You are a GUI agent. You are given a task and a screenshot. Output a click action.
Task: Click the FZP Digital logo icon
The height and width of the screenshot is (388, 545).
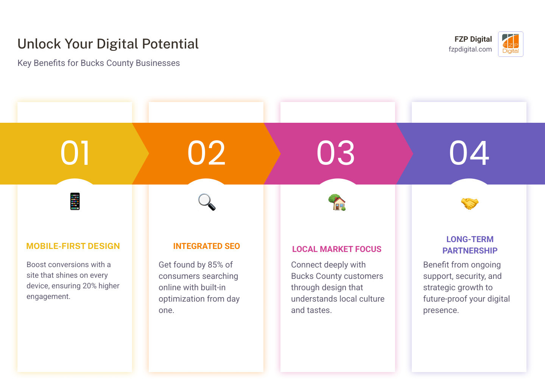(511, 44)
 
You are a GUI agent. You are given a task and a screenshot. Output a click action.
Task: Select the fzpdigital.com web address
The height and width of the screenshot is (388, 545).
(470, 49)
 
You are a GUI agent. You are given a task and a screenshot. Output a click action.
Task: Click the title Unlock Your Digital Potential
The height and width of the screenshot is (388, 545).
(108, 44)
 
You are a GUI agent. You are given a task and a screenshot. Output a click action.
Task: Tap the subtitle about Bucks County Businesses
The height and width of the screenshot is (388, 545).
(98, 63)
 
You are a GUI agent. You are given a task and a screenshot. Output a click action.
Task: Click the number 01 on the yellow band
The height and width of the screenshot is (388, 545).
(75, 153)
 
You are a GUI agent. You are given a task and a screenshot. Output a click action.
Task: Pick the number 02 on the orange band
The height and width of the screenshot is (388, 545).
(207, 153)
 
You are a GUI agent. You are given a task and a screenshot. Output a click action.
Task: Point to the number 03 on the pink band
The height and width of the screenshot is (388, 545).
(336, 153)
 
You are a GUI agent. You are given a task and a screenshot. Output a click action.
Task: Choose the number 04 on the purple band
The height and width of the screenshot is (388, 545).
(469, 153)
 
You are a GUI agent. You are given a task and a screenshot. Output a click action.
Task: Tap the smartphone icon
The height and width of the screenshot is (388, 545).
(75, 201)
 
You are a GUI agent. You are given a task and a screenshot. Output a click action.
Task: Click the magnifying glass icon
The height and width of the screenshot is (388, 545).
(207, 202)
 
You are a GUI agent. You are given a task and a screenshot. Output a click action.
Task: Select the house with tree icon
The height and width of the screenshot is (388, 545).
(337, 202)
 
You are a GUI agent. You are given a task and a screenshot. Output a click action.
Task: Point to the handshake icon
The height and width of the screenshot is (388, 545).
(469, 203)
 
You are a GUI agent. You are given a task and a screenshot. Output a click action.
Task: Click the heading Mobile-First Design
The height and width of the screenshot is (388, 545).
(73, 246)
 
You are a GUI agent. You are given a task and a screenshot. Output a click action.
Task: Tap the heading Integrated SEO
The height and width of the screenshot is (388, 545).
(207, 246)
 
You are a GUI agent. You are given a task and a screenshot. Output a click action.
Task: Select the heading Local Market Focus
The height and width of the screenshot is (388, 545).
(337, 249)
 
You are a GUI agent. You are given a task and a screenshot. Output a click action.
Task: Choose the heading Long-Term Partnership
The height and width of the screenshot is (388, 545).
(470, 245)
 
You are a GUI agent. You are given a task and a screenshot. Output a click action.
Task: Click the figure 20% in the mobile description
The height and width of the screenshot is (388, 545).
(90, 286)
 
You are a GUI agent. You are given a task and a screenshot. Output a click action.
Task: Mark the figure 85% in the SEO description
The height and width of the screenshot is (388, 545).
(215, 264)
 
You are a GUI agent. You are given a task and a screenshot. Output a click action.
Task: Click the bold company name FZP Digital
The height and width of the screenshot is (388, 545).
(473, 39)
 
